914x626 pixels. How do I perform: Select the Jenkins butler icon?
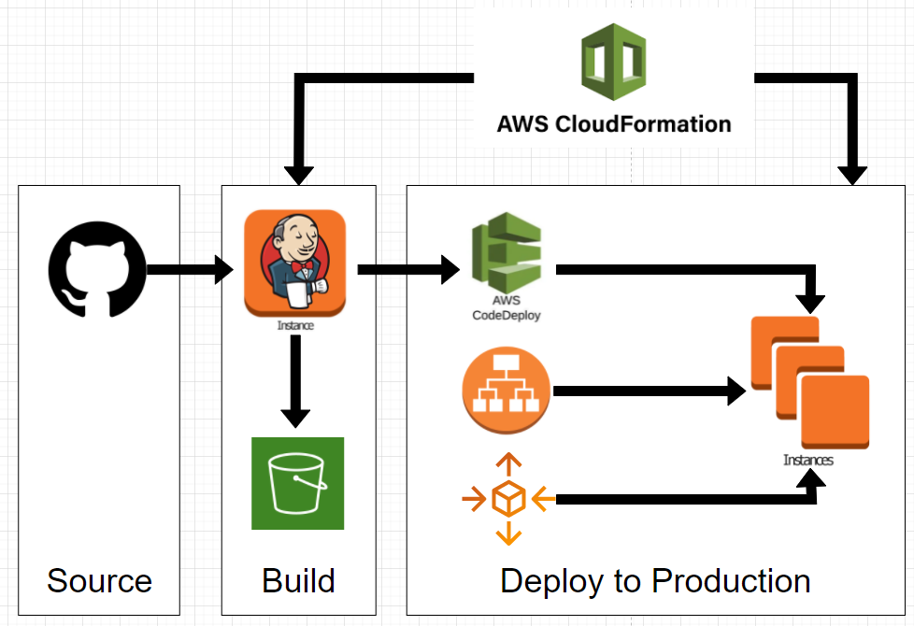[294, 263]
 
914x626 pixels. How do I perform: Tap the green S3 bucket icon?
[297, 483]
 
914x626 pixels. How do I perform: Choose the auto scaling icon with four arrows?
[507, 499]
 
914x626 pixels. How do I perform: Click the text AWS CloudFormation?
[613, 123]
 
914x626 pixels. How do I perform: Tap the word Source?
[99, 581]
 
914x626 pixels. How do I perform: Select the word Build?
[298, 581]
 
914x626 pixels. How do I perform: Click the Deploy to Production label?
[655, 581]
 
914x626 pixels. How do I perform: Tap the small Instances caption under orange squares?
[808, 461]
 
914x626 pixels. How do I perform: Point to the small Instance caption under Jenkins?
[295, 326]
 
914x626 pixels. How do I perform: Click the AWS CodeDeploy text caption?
[506, 309]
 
